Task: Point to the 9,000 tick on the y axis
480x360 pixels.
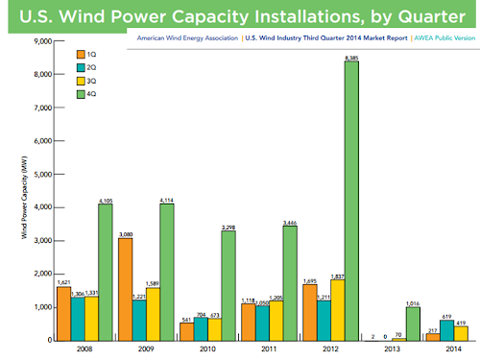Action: pos(45,41)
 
